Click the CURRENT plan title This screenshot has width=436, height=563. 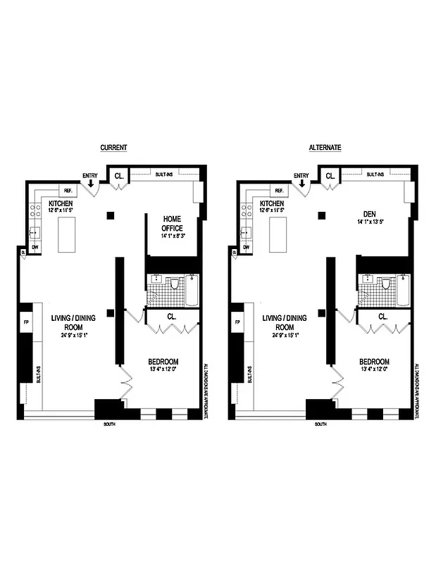click(113, 148)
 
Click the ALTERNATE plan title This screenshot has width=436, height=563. click(325, 148)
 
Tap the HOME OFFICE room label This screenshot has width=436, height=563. click(173, 223)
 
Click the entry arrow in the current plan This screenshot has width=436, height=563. click(90, 184)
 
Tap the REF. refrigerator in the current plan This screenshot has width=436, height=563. click(69, 191)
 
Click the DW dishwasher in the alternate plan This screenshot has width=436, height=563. click(247, 247)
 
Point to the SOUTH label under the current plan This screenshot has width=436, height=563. click(108, 424)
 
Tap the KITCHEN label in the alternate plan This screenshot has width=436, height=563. click(273, 202)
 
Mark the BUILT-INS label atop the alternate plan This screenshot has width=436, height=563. click(375, 173)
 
